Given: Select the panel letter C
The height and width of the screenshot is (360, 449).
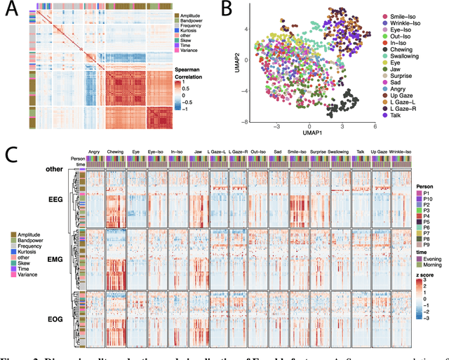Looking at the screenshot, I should pos(12,155).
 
